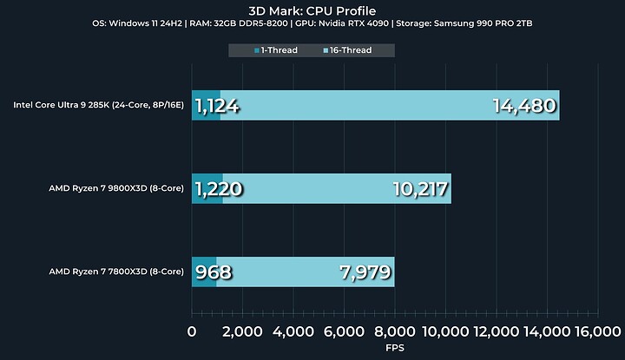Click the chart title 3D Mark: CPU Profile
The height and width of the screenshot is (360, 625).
click(x=312, y=10)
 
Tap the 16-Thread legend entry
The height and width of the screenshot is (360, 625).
click(x=347, y=50)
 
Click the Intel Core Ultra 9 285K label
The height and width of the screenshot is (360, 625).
click(x=98, y=106)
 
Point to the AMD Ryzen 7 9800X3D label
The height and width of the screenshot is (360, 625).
click(x=117, y=188)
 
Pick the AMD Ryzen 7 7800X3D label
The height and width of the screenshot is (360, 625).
click(x=117, y=272)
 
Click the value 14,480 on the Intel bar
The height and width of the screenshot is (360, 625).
click(x=523, y=107)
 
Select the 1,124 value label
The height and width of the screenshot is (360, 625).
click(x=217, y=107)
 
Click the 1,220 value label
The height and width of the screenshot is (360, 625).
click(x=218, y=189)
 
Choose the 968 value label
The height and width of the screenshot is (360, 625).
click(x=214, y=272)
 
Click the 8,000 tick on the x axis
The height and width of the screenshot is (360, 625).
click(x=394, y=331)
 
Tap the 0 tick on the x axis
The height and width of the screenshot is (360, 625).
click(x=193, y=331)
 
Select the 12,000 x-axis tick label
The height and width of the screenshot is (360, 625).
click(x=495, y=331)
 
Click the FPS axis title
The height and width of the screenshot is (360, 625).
click(x=394, y=347)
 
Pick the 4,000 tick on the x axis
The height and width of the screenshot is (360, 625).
click(x=293, y=331)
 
